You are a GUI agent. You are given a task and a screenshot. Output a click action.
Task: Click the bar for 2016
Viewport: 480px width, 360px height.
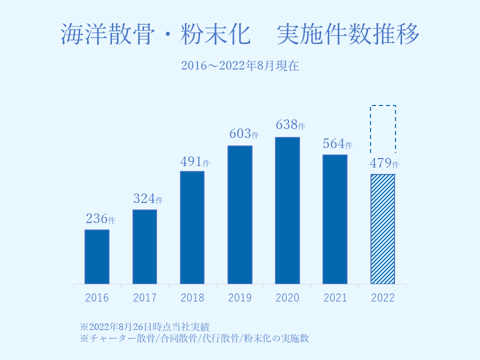97,257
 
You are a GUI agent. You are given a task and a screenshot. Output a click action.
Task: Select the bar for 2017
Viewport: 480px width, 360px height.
144,247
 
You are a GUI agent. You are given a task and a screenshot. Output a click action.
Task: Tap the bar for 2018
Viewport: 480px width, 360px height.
192,228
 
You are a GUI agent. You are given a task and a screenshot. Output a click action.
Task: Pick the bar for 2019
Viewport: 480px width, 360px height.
240,215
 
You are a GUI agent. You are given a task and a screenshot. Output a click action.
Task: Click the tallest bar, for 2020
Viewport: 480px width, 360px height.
287,211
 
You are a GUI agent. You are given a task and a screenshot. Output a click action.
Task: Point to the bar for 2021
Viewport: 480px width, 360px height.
335,219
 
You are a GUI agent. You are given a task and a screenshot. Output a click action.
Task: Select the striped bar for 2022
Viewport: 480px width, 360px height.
382,229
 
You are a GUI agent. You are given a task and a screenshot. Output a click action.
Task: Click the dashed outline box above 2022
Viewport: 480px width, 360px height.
383,129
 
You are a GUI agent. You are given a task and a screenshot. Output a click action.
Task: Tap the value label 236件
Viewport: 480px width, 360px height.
100,219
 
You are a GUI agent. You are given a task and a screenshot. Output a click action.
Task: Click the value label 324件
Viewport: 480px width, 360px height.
148,198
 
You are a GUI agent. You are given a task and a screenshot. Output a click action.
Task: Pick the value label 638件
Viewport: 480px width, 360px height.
291,124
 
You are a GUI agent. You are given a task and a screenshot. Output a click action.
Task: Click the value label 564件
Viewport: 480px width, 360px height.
338,144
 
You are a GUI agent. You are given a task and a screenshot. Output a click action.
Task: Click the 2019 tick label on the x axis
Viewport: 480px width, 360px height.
240,298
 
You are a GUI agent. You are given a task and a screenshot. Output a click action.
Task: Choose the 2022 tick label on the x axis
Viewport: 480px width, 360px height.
383,298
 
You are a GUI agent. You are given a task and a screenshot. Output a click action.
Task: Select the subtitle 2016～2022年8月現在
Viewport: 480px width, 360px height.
240,65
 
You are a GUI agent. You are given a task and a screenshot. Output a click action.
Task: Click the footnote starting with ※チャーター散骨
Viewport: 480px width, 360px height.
194,338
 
